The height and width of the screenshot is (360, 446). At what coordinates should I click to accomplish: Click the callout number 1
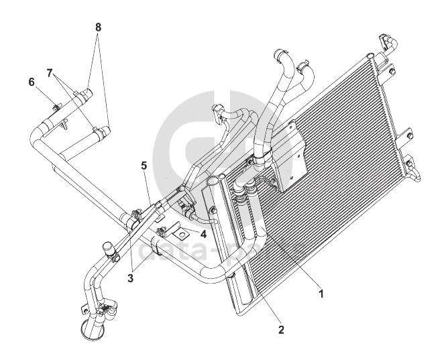(x=321, y=293)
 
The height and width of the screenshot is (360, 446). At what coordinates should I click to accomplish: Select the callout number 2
(x=281, y=329)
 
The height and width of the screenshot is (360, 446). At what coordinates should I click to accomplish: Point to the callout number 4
(x=203, y=235)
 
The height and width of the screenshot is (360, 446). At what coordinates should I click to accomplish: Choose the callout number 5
(x=144, y=164)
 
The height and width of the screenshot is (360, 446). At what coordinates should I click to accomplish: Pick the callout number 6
(x=32, y=82)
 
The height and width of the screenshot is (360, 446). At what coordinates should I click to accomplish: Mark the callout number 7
(x=50, y=71)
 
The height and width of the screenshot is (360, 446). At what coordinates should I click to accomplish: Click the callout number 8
(x=99, y=27)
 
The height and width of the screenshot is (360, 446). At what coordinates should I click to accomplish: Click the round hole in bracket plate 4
(x=180, y=235)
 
